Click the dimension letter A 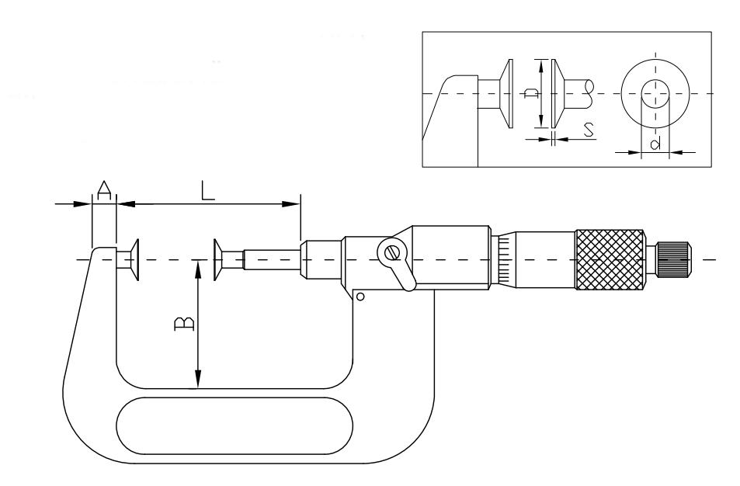pos(104,190)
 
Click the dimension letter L pos(207,190)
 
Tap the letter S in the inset pos(588,130)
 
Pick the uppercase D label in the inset pos(532,93)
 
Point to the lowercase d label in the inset pos(655,143)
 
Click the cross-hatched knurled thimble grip pos(610,259)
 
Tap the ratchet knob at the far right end pos(673,259)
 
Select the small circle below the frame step pos(360,297)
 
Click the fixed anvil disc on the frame pos(135,259)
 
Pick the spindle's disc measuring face pos(217,259)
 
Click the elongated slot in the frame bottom pos(235,425)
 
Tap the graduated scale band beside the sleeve pos(505,259)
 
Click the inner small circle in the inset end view pos(655,93)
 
